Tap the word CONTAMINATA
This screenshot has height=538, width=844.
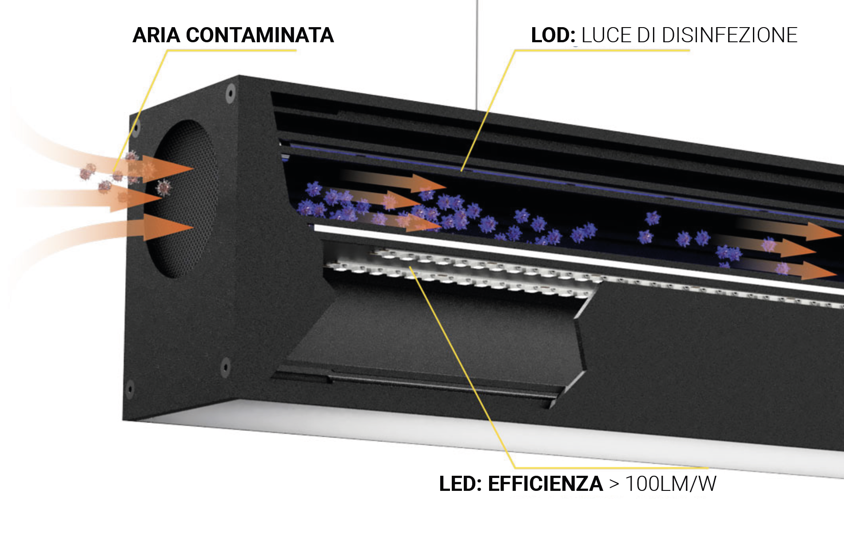coord(260,35)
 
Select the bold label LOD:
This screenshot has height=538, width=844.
coord(553,35)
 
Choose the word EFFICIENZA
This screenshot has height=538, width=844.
coord(545,484)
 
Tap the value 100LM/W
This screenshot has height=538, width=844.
coord(671,484)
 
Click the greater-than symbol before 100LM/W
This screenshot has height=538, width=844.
coord(614,484)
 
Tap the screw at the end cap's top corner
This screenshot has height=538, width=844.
coord(230,93)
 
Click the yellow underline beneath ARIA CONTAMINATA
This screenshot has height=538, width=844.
coord(231,50)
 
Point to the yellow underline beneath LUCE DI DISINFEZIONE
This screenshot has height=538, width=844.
coord(602,50)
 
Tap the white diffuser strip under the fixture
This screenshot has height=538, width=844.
coord(489,438)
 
